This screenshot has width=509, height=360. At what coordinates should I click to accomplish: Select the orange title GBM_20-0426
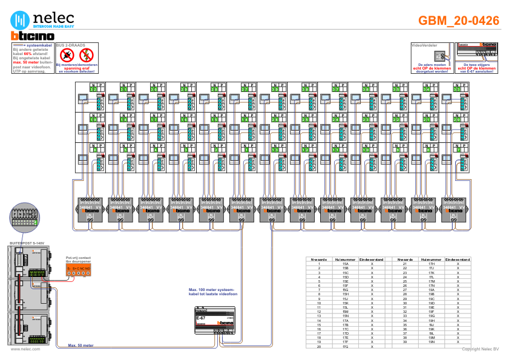(459, 21)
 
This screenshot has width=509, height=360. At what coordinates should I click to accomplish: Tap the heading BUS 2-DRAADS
(70, 45)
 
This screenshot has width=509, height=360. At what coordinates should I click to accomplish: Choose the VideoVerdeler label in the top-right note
(423, 45)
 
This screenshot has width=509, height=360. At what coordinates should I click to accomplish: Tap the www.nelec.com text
(25, 349)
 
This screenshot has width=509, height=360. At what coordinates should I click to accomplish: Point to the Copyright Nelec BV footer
(480, 349)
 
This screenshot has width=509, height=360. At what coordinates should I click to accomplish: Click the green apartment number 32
(93, 89)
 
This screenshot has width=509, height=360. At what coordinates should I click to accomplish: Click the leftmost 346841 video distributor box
(90, 209)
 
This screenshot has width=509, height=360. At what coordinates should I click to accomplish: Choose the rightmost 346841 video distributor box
(454, 209)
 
